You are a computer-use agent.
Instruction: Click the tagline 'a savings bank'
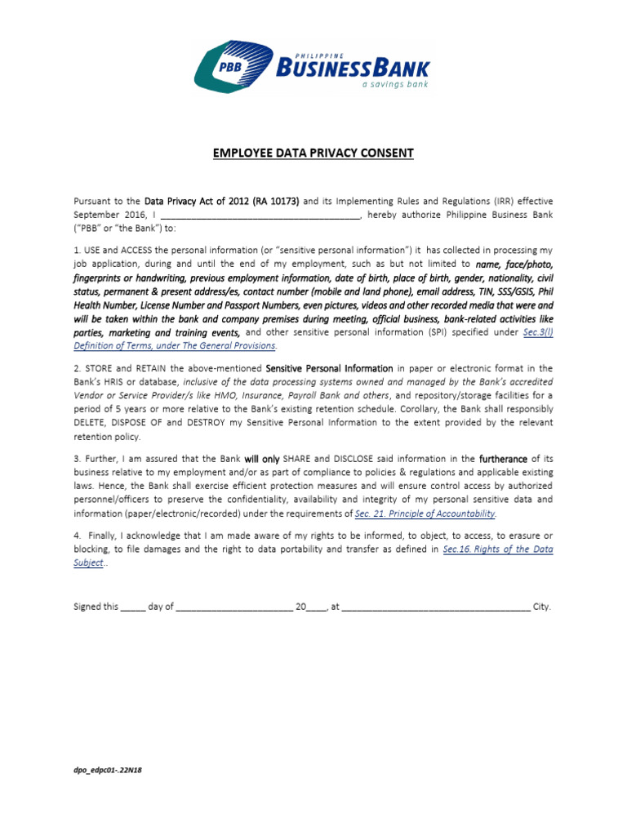[395, 83]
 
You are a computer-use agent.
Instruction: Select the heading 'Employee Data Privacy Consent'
[313, 153]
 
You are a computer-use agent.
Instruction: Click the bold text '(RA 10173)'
[277, 201]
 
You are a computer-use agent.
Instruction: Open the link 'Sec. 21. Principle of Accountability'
[425, 514]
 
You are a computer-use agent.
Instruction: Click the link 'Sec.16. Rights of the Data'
[498, 549]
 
